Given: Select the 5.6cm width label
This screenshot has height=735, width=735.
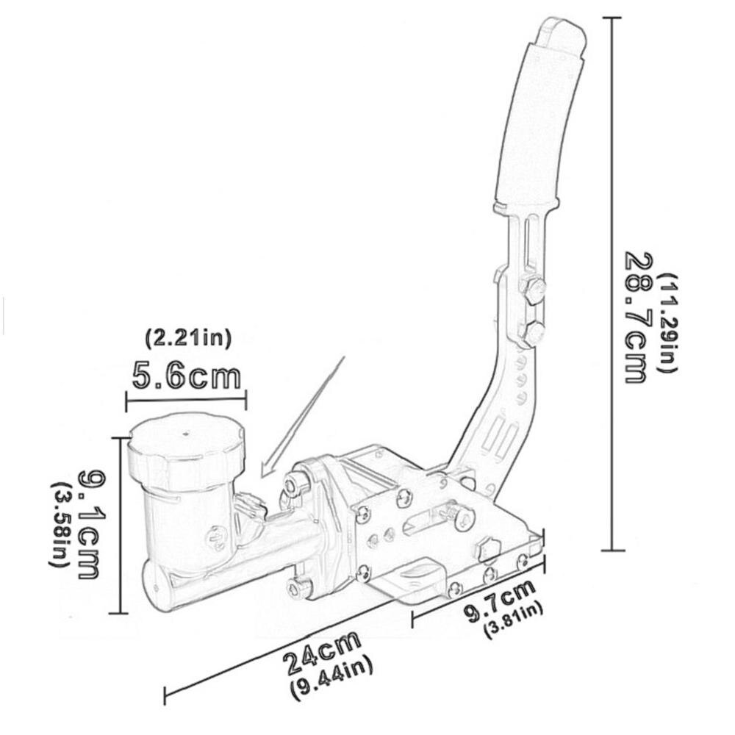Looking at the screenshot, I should click(186, 376).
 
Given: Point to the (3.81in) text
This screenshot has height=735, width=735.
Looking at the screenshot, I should click(513, 621).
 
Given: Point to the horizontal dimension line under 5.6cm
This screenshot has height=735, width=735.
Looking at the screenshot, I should click(186, 401).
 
